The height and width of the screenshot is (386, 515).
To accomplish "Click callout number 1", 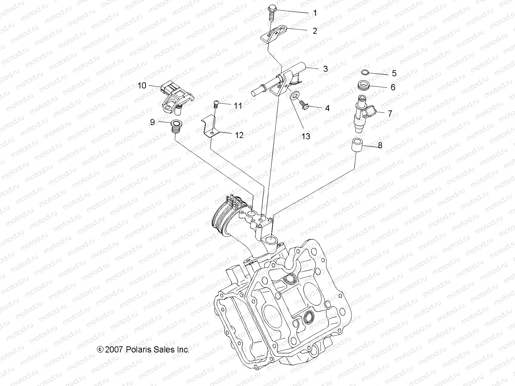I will (x=315, y=13).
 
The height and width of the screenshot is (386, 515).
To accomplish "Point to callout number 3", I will (x=325, y=69).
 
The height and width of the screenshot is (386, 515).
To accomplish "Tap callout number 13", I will (x=306, y=136).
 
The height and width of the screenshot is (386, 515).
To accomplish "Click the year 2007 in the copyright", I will (x=113, y=350).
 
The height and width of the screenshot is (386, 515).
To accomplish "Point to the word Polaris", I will (x=138, y=350).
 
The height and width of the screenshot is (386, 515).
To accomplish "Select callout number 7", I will (x=390, y=113).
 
